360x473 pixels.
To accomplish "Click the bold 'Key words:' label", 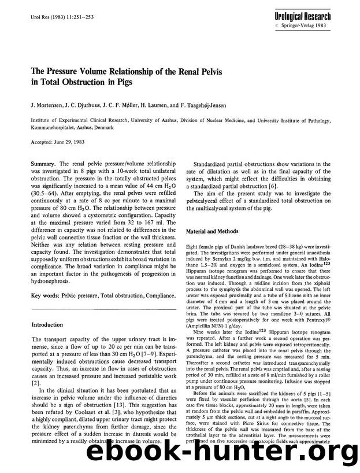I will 47,295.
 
